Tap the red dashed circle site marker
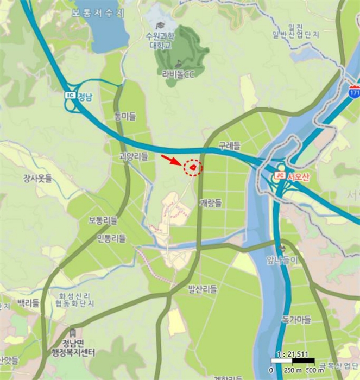coord(192,168)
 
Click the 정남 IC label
coord(85,98)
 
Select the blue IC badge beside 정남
coord(70,96)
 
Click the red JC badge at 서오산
coord(280,175)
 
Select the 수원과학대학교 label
coord(161,40)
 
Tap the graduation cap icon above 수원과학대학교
coord(160,26)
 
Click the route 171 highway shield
coord(355,93)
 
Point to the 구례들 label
coord(229,146)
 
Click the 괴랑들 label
coord(211,204)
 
